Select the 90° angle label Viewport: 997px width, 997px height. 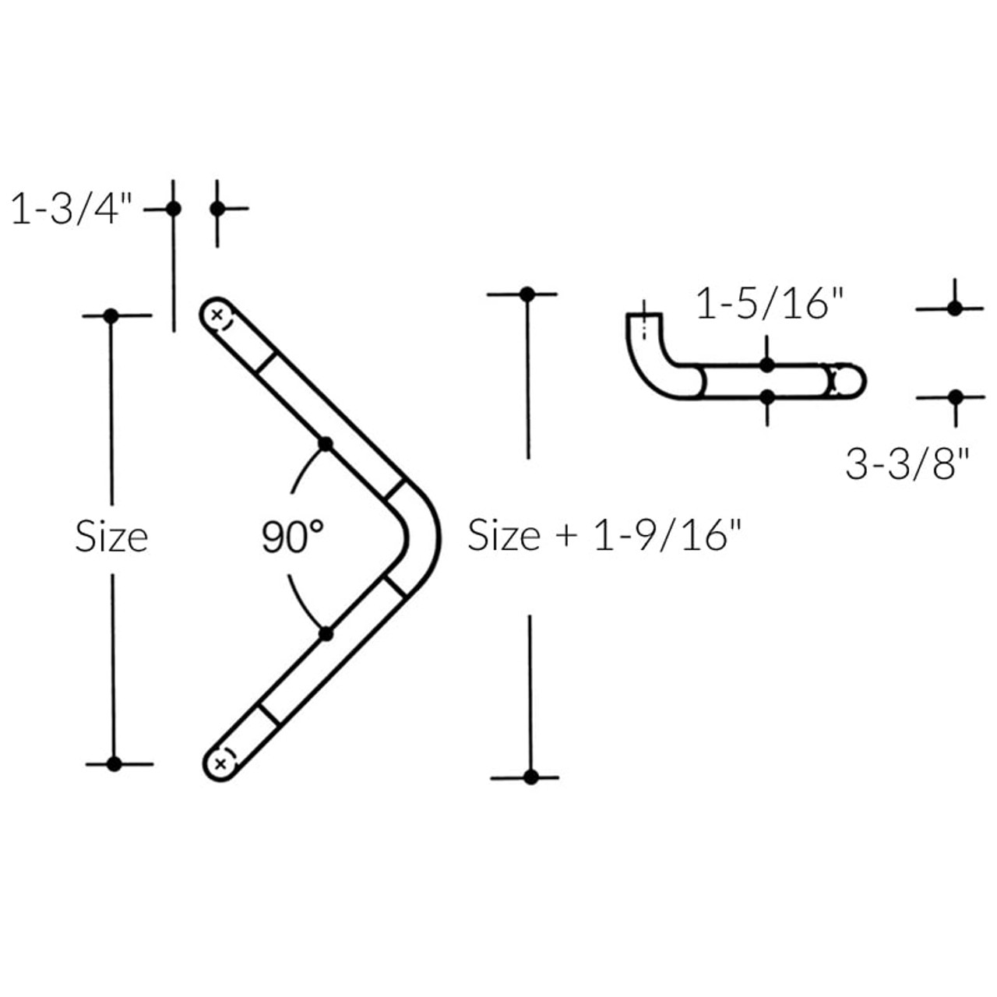tap(292, 537)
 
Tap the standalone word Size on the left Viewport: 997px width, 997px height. tap(111, 537)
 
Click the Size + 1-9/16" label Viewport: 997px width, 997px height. tap(604, 536)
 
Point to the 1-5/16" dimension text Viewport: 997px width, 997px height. tap(770, 305)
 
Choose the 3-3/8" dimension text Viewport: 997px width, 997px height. tap(907, 465)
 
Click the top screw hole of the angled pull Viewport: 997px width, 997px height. tap(217, 315)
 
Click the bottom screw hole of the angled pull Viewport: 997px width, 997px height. tap(221, 763)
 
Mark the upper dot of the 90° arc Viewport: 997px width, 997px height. tap(326, 444)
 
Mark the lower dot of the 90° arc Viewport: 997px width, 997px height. tap(326, 634)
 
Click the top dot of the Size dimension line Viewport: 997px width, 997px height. tap(111, 315)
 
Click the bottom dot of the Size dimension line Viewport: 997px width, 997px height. tap(114, 763)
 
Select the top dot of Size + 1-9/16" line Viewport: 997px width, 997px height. tap(527, 294)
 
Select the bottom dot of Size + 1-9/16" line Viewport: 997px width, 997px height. tap(530, 777)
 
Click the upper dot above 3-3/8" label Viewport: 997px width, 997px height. tap(955, 308)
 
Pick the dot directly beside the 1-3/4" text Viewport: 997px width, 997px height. tap(174, 209)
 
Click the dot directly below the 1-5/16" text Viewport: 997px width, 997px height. tap(767, 365)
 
